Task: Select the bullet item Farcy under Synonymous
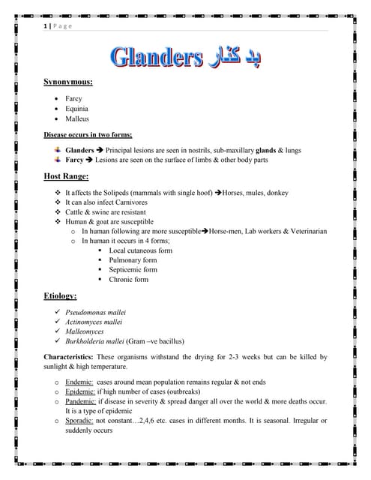coord(73,98)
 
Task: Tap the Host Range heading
coord(66,176)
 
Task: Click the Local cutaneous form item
coord(140,250)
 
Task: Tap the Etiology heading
coord(60,297)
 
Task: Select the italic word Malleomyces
coord(88,331)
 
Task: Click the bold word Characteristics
coord(71,357)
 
